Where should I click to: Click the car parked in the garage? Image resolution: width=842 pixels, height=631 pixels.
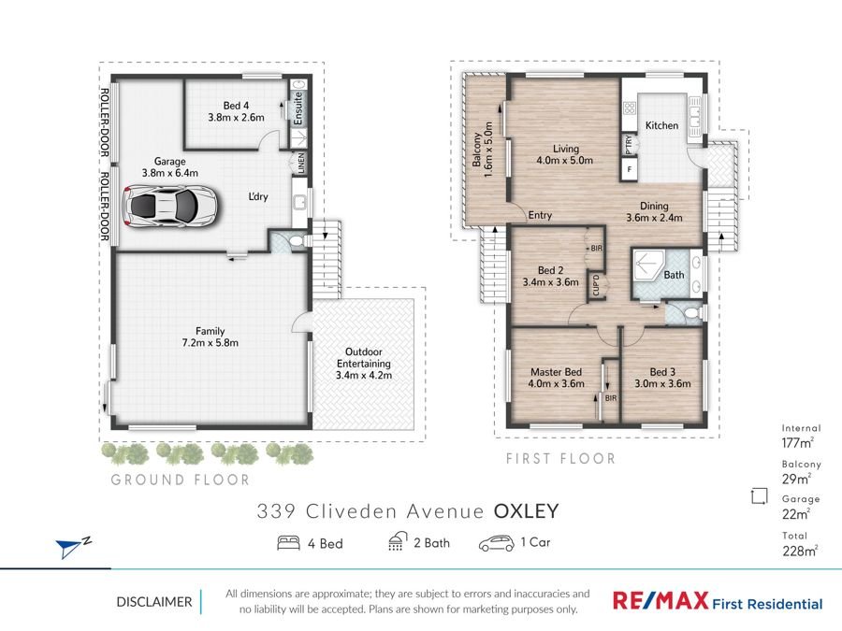pos(169,206)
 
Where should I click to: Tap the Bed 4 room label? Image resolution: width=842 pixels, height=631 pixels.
pos(237,106)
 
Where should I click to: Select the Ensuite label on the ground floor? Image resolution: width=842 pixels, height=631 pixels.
pos(298,109)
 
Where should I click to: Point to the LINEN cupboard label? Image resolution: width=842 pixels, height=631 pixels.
pos(301,163)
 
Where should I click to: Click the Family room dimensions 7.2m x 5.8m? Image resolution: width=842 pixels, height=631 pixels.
pos(210,343)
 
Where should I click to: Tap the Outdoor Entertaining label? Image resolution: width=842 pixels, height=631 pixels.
pos(364,358)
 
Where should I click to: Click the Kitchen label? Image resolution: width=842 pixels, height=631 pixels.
pos(661,125)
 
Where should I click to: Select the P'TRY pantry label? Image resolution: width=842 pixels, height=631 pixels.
pos(629,145)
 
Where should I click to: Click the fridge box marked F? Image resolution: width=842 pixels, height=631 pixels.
pos(630,169)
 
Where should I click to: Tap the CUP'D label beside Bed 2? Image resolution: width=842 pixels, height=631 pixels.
pos(596,285)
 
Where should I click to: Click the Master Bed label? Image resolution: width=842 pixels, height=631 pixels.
pos(557,372)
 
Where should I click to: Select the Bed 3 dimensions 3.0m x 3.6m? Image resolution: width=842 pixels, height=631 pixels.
pos(662,383)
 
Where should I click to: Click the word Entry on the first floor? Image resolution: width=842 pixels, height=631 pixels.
pos(540,215)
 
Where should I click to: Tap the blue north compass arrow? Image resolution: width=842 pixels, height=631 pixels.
pos(68,549)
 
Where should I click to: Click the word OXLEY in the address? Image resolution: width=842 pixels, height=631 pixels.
pos(526,511)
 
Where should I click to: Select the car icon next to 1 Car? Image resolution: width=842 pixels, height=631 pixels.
pos(496,543)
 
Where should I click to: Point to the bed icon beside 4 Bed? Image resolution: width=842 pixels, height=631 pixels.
pos(288,543)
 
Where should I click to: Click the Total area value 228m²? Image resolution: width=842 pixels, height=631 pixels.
pos(800,551)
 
